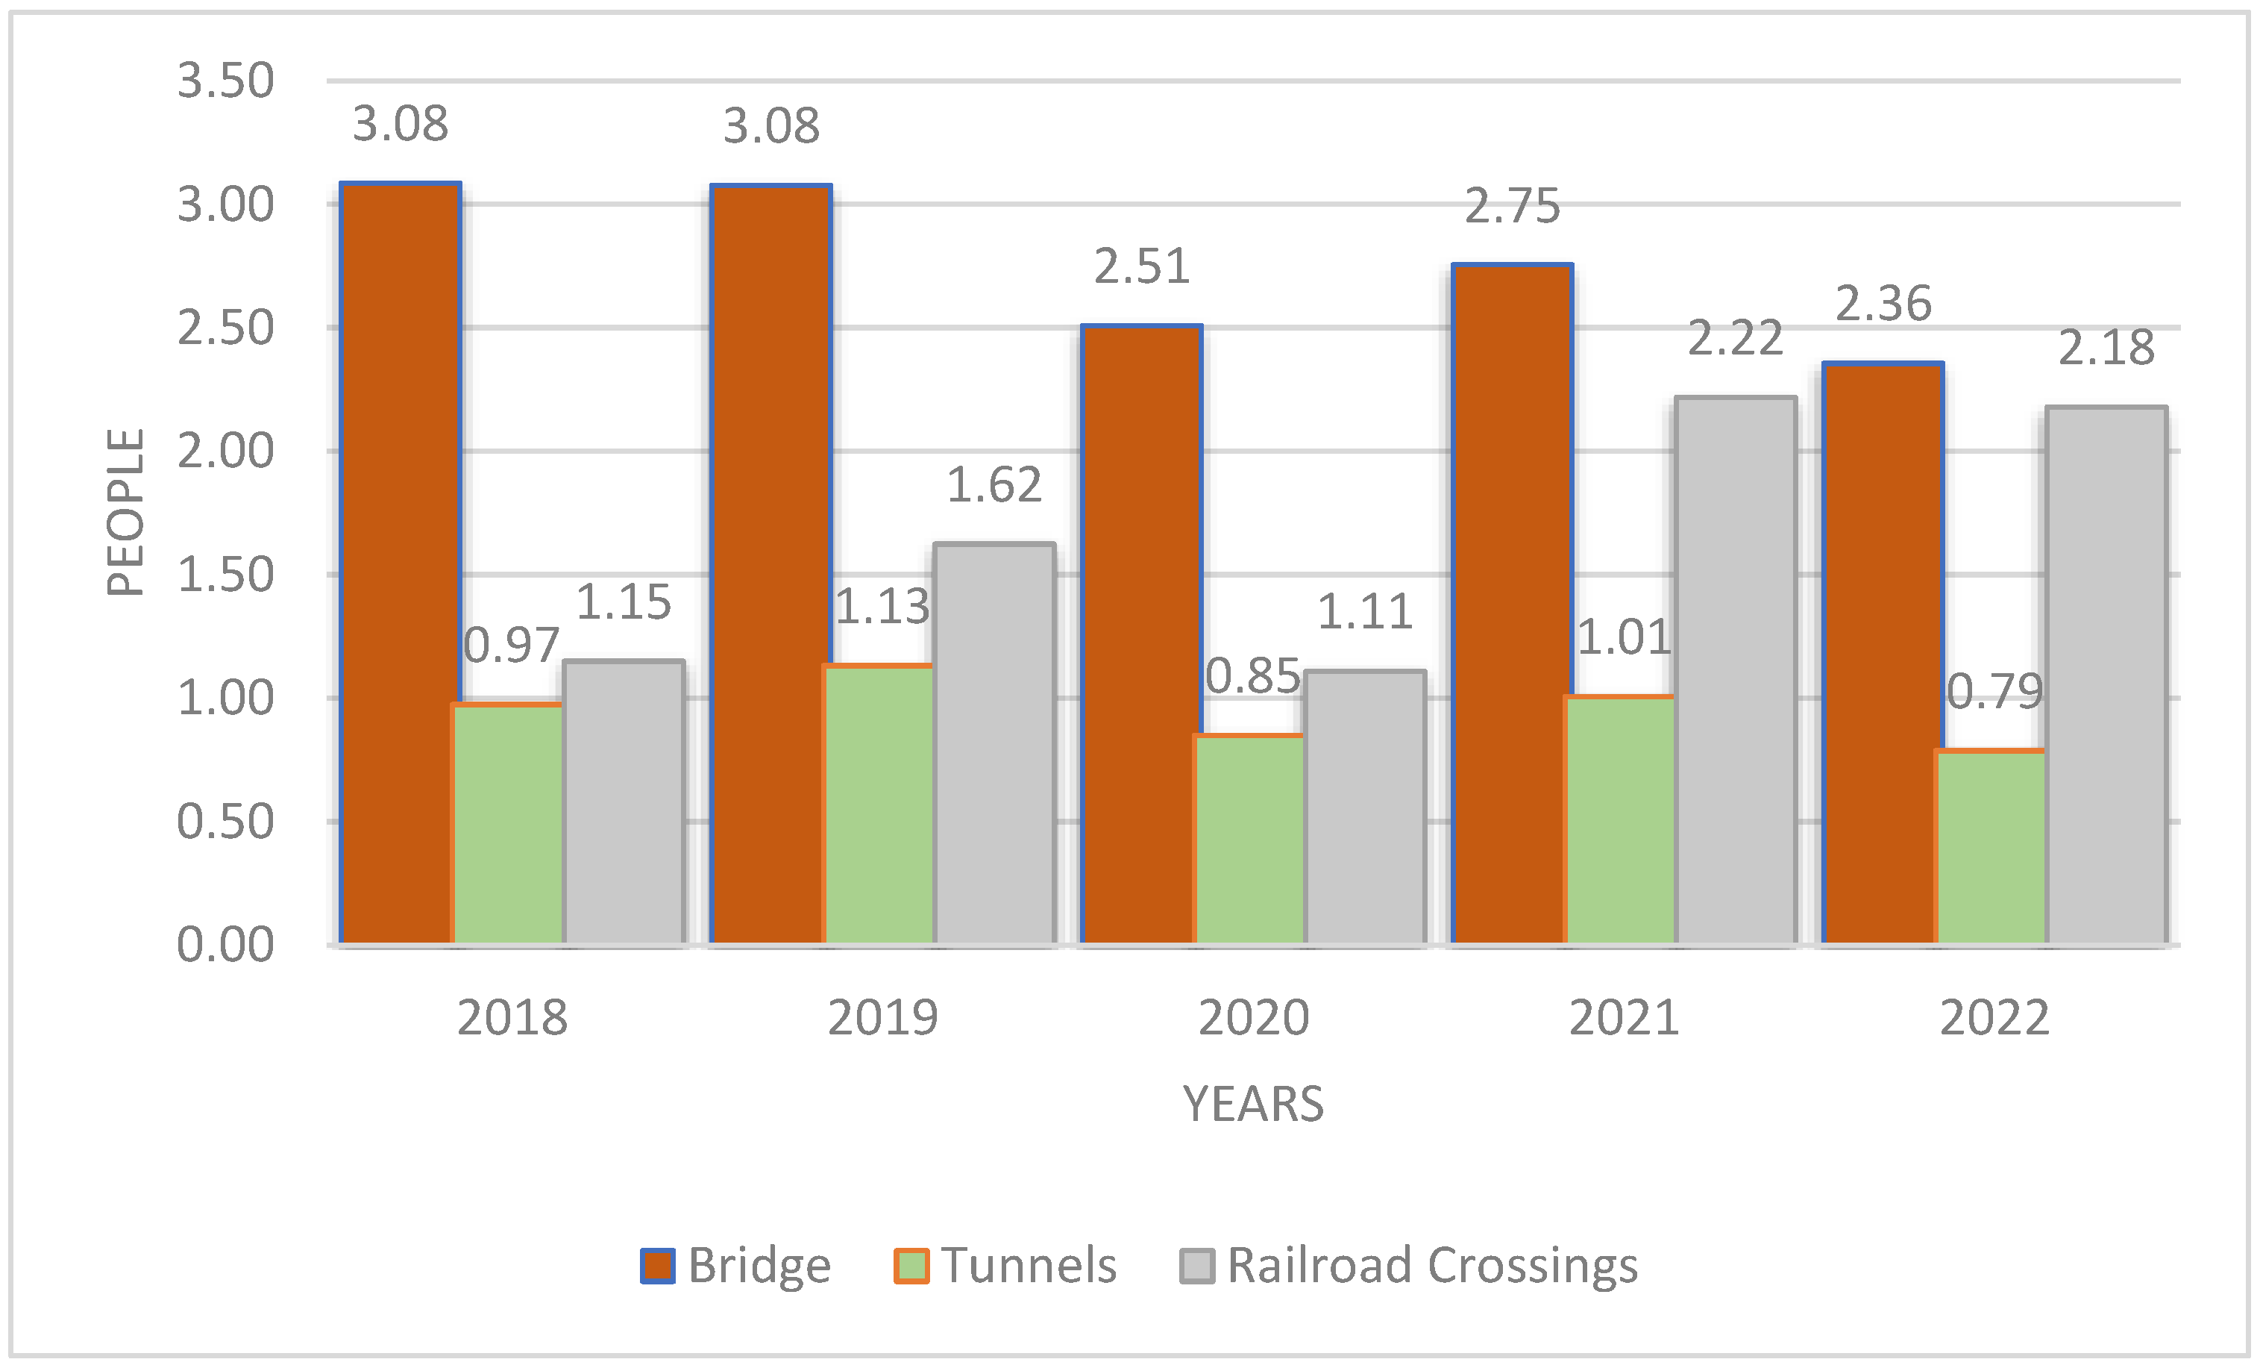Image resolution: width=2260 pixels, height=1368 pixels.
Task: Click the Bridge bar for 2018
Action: (x=400, y=563)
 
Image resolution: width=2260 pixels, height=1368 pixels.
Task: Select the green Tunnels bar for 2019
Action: (x=879, y=805)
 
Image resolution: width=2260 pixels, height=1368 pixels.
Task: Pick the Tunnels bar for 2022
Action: (x=1990, y=847)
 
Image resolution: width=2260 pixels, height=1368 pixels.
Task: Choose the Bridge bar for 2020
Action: (x=1141, y=634)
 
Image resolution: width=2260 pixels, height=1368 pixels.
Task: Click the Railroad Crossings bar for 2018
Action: (x=624, y=802)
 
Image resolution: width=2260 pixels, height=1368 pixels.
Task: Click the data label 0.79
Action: (x=1994, y=692)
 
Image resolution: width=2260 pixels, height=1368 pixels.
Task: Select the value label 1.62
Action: (x=994, y=485)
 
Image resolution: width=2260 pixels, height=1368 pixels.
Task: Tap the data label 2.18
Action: (x=2106, y=349)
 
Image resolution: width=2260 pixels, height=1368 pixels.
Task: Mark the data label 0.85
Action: (x=1252, y=677)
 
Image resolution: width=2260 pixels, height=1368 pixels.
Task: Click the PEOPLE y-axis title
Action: (x=125, y=512)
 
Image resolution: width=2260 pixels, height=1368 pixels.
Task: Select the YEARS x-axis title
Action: (x=1253, y=1104)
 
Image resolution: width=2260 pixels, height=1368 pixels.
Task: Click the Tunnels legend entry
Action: (x=1006, y=1265)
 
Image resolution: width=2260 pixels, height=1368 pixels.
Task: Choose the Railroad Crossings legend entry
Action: (x=1409, y=1265)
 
